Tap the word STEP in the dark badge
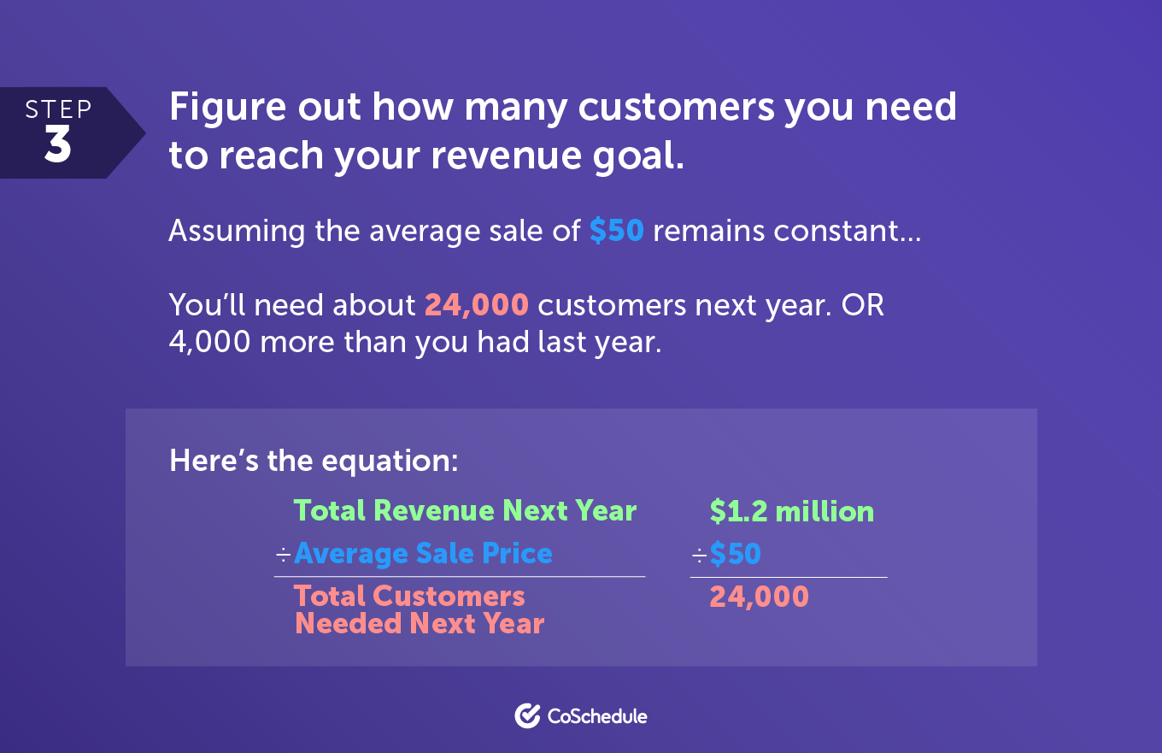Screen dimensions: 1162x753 (59, 109)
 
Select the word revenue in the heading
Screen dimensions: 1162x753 (507, 156)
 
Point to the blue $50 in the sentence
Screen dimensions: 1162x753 (617, 230)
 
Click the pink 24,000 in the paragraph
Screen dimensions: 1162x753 (477, 304)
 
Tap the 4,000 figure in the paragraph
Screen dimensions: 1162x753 (210, 342)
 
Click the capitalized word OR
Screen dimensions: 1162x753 (863, 304)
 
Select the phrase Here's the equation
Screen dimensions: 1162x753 (314, 461)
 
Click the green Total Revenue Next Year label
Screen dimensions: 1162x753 (465, 510)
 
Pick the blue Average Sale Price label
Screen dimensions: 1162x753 (423, 553)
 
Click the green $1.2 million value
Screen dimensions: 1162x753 (791, 511)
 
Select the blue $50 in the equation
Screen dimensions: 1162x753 (735, 553)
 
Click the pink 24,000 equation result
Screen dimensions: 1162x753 (759, 597)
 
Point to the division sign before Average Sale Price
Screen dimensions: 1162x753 (284, 556)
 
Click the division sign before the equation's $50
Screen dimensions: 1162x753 (699, 556)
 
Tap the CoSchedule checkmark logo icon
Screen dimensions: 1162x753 (527, 716)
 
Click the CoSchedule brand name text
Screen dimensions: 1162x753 (597, 716)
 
